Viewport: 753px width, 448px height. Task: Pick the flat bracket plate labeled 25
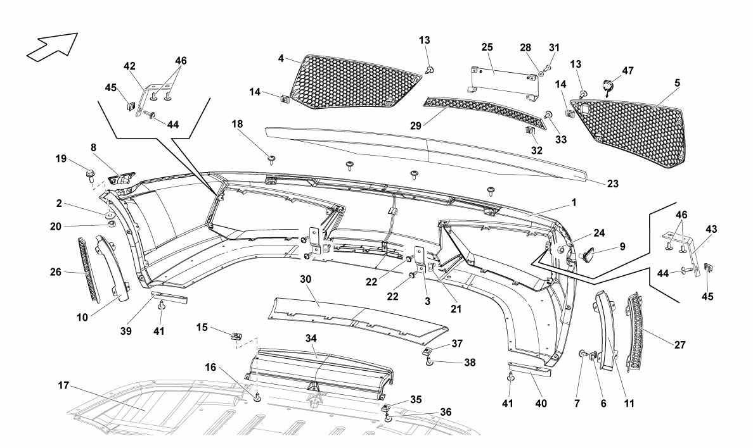coord(504,79)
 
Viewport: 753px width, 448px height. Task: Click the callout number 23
coord(612,184)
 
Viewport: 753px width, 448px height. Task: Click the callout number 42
coord(129,66)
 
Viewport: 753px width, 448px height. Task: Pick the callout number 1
coord(573,203)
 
